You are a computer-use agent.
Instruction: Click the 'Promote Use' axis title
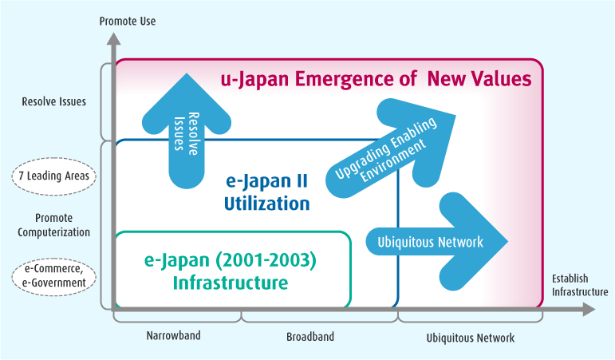click(127, 22)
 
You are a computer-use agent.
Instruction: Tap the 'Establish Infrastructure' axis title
click(580, 285)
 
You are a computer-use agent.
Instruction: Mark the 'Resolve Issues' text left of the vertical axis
click(54, 102)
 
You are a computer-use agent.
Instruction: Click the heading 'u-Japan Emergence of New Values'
click(376, 79)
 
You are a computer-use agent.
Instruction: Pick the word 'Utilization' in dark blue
click(266, 204)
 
